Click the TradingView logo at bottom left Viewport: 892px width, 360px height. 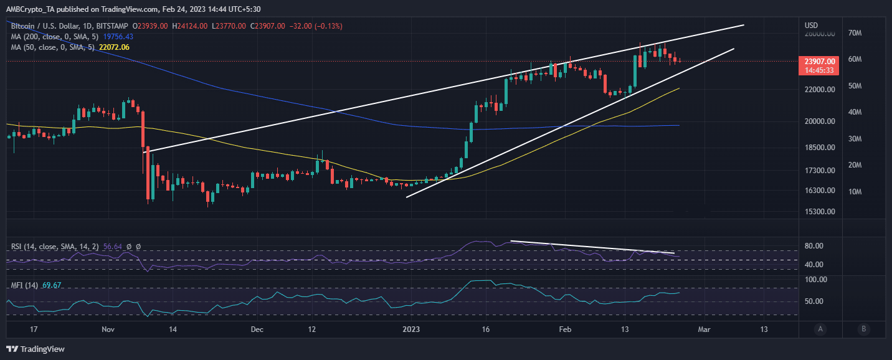[36, 349]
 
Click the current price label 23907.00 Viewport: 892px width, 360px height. [819, 61]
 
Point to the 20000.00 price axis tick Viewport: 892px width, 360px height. [819, 121]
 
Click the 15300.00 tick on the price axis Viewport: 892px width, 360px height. [819, 212]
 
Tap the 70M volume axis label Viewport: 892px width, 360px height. [852, 33]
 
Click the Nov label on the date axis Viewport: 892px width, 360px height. [108, 329]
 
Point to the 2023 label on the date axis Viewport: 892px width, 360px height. [411, 329]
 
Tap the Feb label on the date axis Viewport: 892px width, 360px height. [565, 329]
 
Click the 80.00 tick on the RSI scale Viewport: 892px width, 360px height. [815, 246]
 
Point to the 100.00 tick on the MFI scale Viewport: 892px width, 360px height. [817, 280]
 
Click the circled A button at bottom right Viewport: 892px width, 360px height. [821, 329]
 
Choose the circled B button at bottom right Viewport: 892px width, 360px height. [863, 329]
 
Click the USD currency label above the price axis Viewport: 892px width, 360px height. [812, 25]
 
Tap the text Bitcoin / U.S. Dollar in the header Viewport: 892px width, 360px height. [41, 26]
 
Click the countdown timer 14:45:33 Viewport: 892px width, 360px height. [819, 70]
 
